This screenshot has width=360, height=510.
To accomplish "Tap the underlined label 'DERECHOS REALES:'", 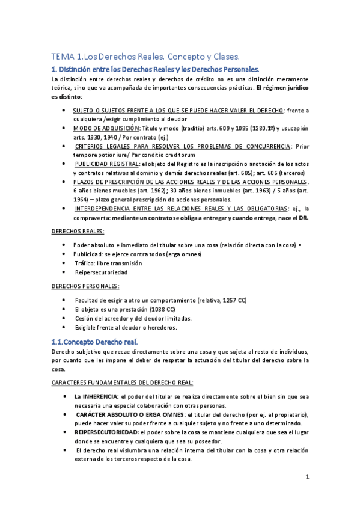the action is (x=78, y=231).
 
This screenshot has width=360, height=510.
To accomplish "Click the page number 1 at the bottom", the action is (x=307, y=478).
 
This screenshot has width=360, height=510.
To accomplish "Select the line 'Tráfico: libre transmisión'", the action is (x=108, y=263).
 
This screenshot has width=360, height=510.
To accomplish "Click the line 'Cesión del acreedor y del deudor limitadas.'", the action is (x=133, y=318).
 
